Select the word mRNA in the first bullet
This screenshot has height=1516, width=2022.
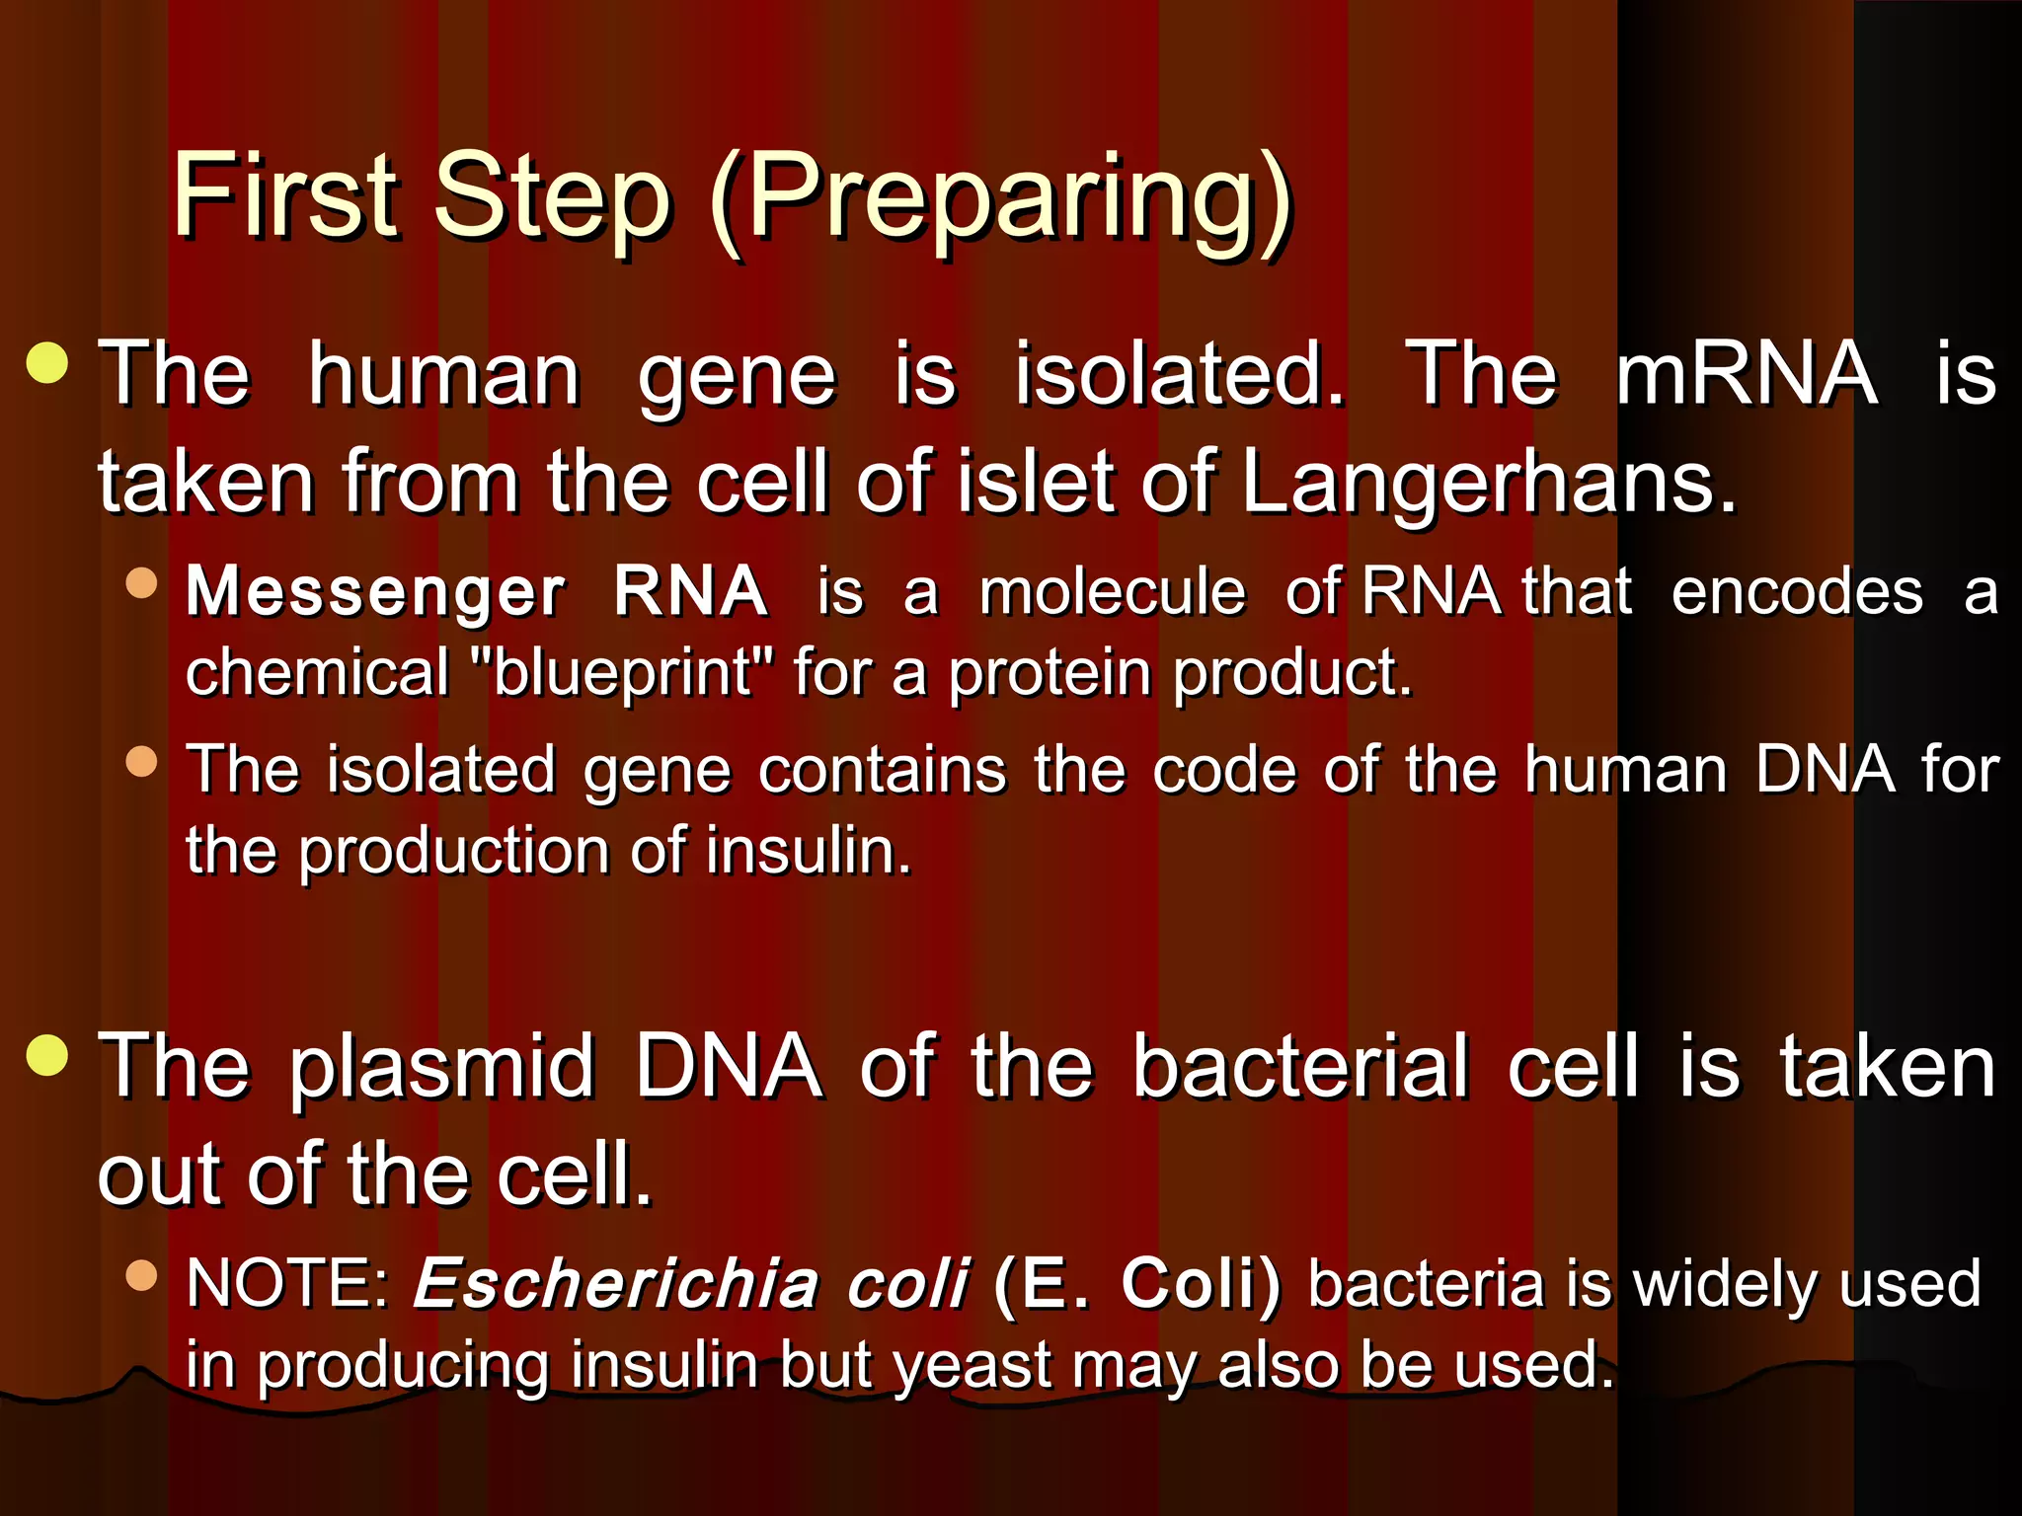(1746, 374)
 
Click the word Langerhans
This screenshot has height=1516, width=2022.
(1488, 484)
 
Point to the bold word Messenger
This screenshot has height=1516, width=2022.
(375, 592)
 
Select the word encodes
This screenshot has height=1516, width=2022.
(1797, 593)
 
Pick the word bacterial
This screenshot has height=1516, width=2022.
(1300, 1067)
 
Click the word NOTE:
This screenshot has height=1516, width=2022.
(288, 1284)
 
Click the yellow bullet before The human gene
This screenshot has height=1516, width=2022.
(47, 362)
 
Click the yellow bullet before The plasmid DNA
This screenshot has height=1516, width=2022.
(47, 1055)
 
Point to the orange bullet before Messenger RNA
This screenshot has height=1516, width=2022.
(142, 582)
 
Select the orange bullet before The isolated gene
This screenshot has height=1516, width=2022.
(142, 761)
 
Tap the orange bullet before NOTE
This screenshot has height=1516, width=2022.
(142, 1275)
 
